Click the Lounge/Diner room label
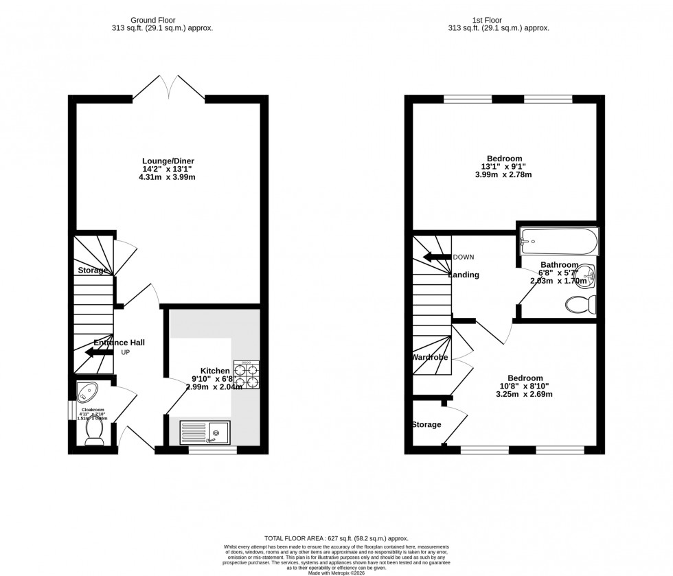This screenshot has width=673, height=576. (x=168, y=161)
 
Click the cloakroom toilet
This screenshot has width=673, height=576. (x=93, y=430)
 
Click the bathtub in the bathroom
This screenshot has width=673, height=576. (x=558, y=240)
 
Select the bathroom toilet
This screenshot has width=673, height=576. (x=585, y=304)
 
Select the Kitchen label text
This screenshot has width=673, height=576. (x=215, y=370)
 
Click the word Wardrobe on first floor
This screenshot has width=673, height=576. (x=430, y=358)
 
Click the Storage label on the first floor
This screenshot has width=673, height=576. (x=426, y=425)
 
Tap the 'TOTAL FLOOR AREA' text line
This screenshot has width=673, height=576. (x=336, y=539)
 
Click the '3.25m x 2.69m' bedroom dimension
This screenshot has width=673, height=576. (x=525, y=394)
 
